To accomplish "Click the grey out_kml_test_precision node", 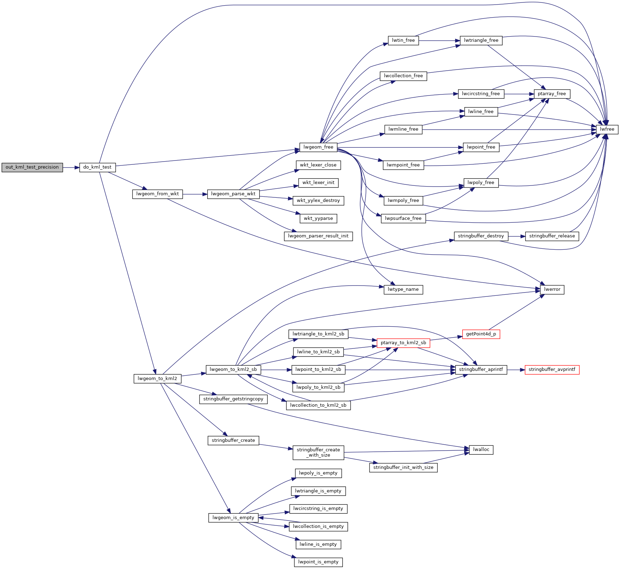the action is click(32, 167).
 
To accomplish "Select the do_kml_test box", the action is click(98, 167).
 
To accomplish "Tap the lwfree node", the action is click(607, 129).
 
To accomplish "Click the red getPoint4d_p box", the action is click(481, 334).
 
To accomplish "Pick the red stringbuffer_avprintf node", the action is click(552, 369).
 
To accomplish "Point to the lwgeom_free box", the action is click(318, 147).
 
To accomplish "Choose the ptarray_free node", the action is click(552, 94).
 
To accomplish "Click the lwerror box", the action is click(552, 289).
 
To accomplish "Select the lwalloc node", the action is click(481, 450).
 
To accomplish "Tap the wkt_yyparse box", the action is click(318, 218).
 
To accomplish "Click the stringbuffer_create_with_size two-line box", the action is click(318, 452).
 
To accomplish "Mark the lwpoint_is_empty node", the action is click(318, 562).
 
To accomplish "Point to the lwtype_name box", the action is click(403, 289).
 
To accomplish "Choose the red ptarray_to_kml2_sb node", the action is click(403, 343).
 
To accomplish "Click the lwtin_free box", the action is click(403, 40).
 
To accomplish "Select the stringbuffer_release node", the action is click(552, 236).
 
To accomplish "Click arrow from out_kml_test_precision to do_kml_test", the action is click(71, 168).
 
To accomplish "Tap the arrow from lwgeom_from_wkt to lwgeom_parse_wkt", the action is click(195, 194).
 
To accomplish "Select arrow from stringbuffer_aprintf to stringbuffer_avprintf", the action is click(516, 370).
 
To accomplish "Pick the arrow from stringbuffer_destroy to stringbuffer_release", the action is click(517, 236).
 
